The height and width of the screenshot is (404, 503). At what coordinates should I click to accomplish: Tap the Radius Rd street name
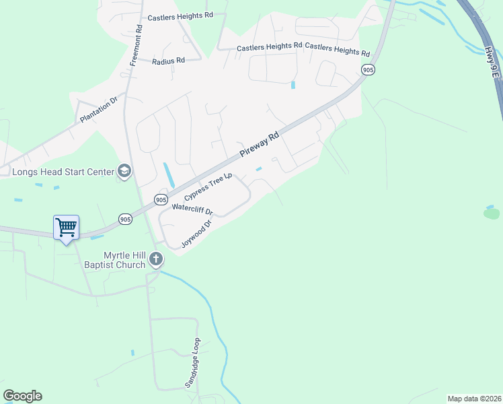pos(168,61)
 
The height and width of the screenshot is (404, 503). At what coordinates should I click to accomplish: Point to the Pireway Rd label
pos(259,147)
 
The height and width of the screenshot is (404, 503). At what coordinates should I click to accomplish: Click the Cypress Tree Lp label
pos(208,186)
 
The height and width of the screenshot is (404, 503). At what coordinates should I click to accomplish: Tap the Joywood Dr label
pos(197,232)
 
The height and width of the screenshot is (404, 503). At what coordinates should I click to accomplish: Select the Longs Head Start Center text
pos(64,172)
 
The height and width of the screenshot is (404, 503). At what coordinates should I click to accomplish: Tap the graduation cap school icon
pos(124,172)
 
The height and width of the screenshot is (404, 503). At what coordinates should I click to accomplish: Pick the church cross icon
pos(156,259)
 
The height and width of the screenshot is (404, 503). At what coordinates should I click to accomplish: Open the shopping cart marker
pos(66,228)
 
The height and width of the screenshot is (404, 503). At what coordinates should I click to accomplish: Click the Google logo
pos(22,396)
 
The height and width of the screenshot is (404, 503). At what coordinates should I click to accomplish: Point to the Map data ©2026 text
pos(473,399)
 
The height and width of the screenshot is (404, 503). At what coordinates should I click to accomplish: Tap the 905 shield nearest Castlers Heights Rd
pos(368,69)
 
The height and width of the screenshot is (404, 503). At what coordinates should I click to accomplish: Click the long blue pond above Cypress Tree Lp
pos(169,175)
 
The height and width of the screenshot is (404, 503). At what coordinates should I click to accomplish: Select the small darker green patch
pos(492,213)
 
